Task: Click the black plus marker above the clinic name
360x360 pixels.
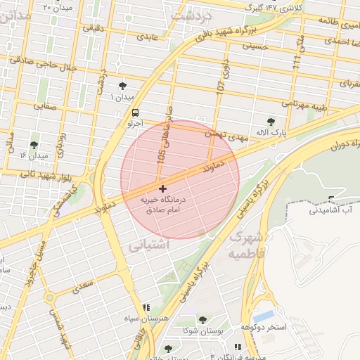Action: pos(163,188)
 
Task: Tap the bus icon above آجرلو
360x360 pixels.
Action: pos(134,112)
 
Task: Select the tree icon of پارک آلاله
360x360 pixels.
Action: pos(271,122)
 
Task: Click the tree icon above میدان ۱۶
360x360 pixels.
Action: pos(34,145)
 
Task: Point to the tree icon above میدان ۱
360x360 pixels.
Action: pos(124,85)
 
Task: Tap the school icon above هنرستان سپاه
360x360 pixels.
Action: pos(146,308)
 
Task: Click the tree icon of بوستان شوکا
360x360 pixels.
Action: pos(202,320)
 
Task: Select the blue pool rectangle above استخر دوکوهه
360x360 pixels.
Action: pos(265,316)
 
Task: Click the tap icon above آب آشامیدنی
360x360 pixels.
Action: pos(331,199)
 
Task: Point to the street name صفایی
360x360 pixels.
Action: pos(46,106)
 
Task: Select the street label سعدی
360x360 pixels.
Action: pos(83,285)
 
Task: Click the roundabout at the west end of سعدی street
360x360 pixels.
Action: pos(49,298)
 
